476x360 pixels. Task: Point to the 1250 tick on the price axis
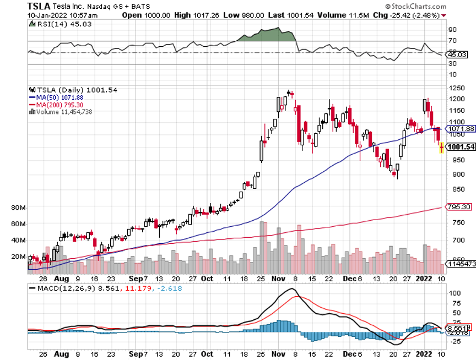pos(455,88)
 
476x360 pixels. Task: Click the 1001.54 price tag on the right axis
pos(459,147)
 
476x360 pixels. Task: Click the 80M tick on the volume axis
pos(18,208)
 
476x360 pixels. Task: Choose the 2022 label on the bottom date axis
pos(423,354)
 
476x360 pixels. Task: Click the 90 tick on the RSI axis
pos(452,30)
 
